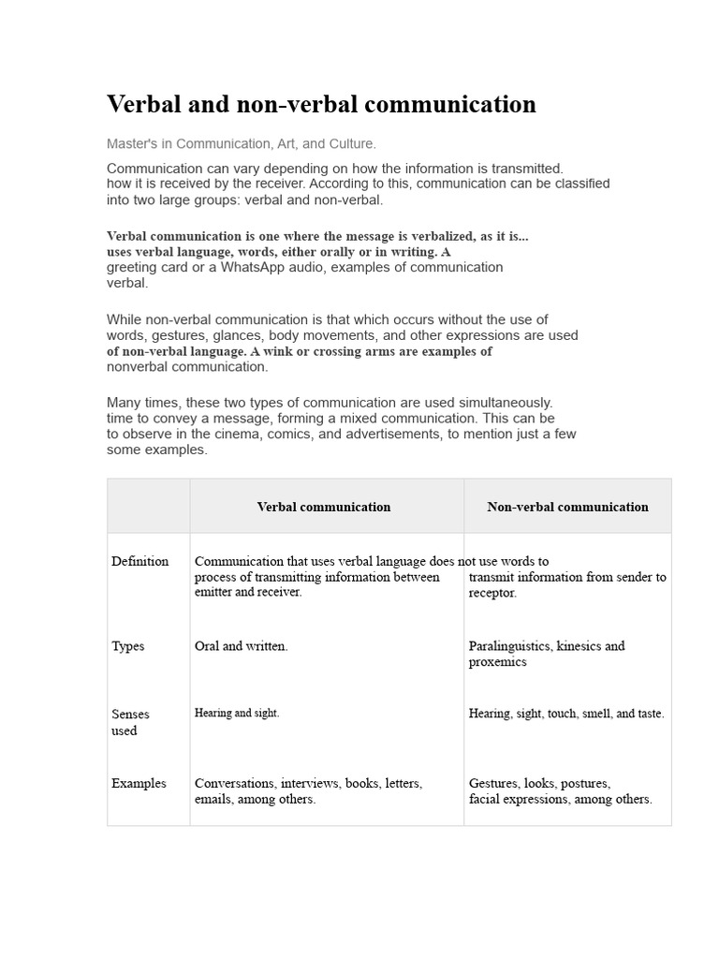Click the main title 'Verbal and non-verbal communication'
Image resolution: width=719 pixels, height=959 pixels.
coord(321,104)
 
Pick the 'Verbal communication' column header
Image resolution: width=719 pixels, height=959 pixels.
coord(324,507)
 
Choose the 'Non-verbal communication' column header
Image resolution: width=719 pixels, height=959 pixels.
coord(567,507)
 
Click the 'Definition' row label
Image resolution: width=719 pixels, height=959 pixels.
coord(140,561)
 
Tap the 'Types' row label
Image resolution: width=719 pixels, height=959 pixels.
coord(128,646)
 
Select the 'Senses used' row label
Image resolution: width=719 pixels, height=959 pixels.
coord(130,722)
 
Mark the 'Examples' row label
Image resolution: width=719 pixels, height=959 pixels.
coord(139,783)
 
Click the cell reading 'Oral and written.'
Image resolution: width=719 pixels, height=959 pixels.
coord(242,646)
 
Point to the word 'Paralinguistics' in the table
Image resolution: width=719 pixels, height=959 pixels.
coord(509,646)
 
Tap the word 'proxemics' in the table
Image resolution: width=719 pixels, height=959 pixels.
coord(497,662)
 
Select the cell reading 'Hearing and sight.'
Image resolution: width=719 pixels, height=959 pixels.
coord(237,714)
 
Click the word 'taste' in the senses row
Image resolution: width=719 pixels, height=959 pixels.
coord(649,714)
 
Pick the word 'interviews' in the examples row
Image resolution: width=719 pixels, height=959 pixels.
coord(310,783)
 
